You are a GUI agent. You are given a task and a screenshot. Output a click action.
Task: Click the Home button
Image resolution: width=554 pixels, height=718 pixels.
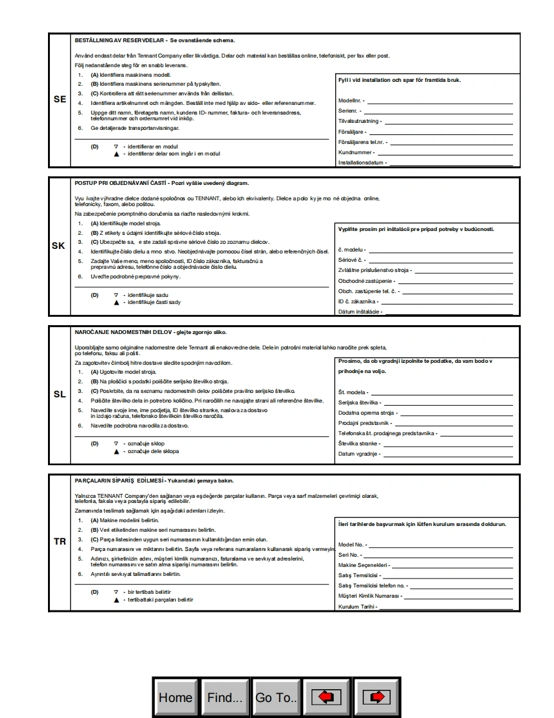point(175,698)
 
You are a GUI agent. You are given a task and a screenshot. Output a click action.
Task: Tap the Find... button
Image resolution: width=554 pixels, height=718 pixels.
point(225,698)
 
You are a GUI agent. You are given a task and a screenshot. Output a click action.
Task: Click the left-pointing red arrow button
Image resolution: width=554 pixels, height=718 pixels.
point(326,698)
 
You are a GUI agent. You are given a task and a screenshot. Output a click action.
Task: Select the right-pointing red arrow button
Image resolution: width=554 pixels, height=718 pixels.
point(377,698)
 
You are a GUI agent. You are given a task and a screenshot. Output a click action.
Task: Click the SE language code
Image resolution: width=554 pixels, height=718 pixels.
point(59,100)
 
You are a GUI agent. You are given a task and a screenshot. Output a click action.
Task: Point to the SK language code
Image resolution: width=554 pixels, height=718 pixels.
point(58,246)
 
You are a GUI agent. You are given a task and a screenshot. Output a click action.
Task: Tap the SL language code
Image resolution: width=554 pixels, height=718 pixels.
point(59,394)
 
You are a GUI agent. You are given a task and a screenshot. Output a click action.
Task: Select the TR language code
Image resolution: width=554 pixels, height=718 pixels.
point(59,541)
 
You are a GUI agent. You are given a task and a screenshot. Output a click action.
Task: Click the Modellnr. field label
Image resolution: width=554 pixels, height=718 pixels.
point(351,101)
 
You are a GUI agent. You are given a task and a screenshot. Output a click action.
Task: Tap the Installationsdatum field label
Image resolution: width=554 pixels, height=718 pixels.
point(361,163)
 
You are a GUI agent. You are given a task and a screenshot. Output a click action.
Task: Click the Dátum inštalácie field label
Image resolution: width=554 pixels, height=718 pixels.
point(359,312)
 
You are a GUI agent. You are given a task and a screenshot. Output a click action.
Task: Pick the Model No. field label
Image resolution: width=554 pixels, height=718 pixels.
point(352,545)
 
